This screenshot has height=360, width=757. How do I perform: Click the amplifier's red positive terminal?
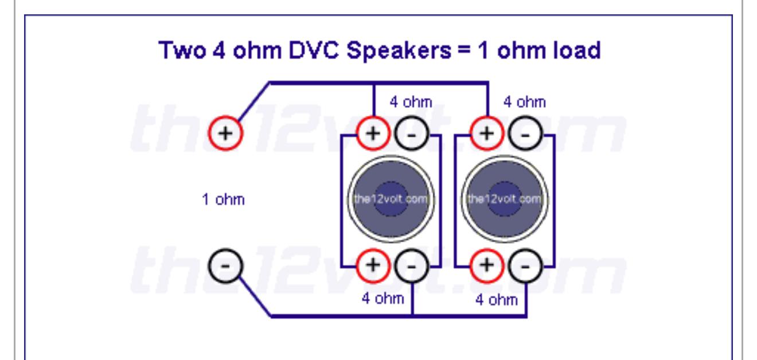tap(225, 133)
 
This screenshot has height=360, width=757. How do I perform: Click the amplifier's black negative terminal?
tap(225, 266)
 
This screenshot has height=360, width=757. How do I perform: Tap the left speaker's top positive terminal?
tap(373, 133)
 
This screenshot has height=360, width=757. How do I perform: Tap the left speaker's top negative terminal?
tap(411, 133)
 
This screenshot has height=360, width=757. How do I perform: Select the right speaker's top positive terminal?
tap(487, 133)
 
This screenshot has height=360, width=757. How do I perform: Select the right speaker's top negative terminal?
tap(525, 133)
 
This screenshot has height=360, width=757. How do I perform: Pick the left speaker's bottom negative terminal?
tap(411, 266)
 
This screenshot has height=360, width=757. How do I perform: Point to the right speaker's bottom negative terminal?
tap(525, 266)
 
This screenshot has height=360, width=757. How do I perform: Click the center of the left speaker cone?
tap(391, 199)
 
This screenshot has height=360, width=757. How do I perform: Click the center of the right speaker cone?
tap(505, 199)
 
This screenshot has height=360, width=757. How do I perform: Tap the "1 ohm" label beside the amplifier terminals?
tap(224, 199)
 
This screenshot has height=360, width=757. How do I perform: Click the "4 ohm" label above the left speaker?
tap(411, 102)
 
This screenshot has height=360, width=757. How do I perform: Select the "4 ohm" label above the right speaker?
tap(525, 102)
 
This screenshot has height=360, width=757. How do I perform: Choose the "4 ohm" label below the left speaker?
tap(383, 299)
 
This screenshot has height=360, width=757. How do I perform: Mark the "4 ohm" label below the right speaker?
tap(497, 300)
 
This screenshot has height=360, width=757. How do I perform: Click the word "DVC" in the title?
tap(314, 50)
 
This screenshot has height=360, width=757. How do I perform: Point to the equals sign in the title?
tap(465, 50)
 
